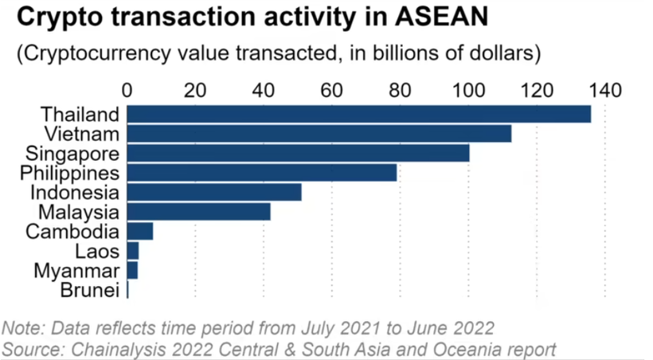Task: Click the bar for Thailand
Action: (x=358, y=114)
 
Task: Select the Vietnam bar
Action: (x=319, y=133)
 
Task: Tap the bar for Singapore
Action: (x=298, y=153)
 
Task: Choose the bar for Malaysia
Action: (x=198, y=212)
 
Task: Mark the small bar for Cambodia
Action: (x=139, y=232)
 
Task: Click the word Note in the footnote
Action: (x=23, y=328)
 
